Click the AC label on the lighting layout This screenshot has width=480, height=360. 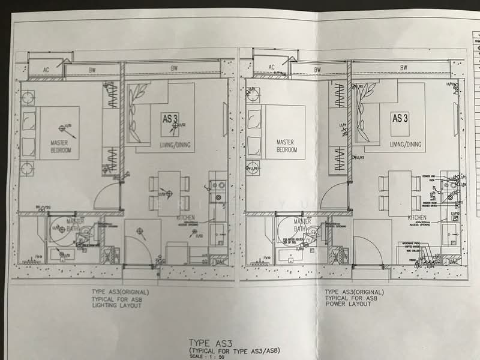(x=46, y=69)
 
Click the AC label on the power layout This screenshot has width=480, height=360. (x=271, y=67)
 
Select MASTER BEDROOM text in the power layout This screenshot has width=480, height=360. (x=287, y=146)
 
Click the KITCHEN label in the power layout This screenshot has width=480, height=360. (x=417, y=217)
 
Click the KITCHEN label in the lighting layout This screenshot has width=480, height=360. (x=186, y=217)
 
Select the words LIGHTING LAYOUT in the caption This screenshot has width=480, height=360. (x=116, y=305)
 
